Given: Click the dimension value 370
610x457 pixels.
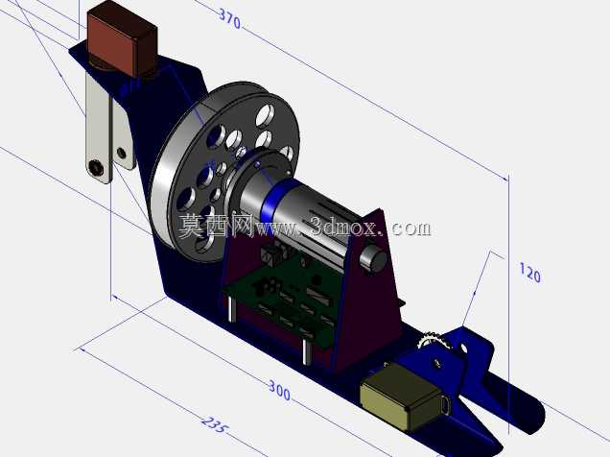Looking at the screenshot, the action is [x=230, y=18].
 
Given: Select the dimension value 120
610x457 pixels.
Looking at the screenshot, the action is [x=529, y=273].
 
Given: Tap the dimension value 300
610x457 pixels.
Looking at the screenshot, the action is [x=279, y=391].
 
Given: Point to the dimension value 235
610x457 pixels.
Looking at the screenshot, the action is [x=214, y=424].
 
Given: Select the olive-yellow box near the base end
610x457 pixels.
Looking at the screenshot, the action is [x=400, y=398].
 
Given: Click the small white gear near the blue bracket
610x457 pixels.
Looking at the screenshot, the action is [x=433, y=340].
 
